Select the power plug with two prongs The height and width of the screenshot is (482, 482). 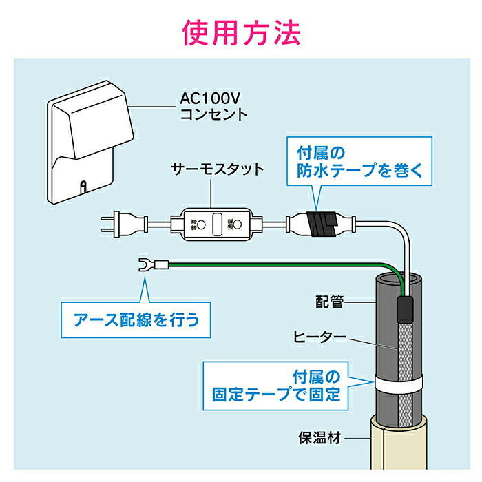point(124,223)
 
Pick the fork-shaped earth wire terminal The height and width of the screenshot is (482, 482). point(147,263)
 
